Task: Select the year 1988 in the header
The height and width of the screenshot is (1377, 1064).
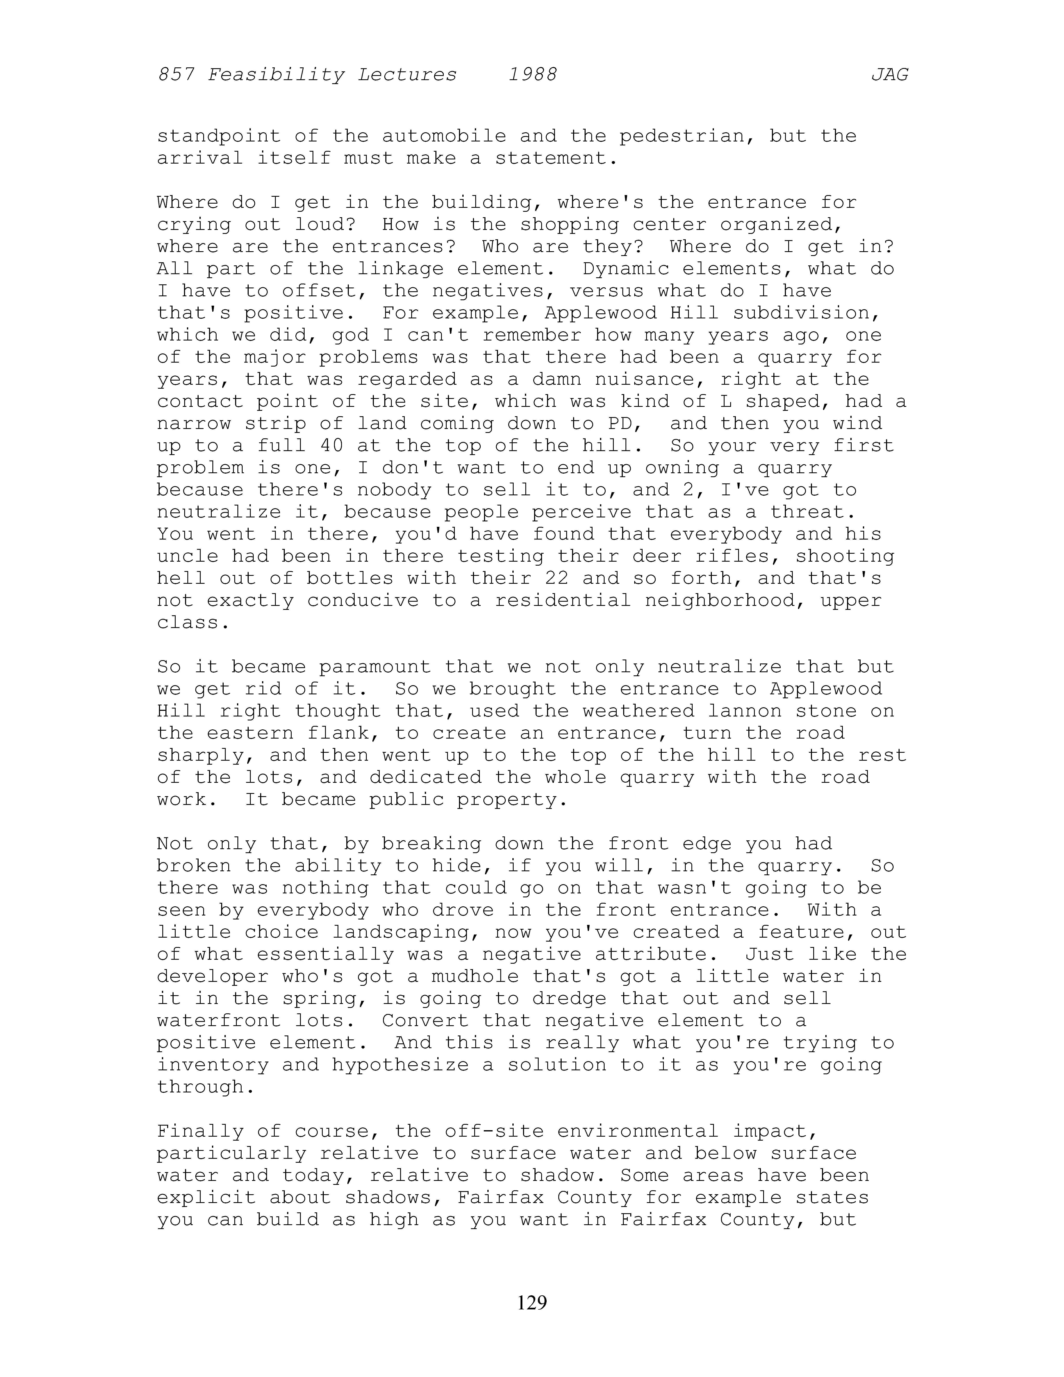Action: (533, 75)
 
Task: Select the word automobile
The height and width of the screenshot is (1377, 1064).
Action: (444, 136)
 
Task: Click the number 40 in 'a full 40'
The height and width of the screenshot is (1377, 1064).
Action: (332, 446)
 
